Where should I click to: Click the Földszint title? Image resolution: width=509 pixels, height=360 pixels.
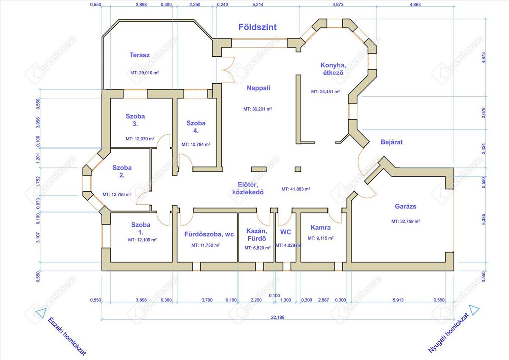pyautogui.click(x=257, y=27)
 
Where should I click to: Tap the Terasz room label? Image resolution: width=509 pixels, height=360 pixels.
pyautogui.click(x=140, y=55)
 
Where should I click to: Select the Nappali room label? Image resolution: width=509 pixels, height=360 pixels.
pyautogui.click(x=258, y=88)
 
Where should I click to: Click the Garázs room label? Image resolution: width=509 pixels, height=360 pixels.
pyautogui.click(x=406, y=206)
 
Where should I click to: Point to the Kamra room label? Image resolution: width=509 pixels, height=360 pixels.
pyautogui.click(x=320, y=227)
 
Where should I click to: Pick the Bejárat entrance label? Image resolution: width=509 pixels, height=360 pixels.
pyautogui.click(x=392, y=142)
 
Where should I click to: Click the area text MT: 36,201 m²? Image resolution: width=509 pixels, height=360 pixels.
pyautogui.click(x=258, y=109)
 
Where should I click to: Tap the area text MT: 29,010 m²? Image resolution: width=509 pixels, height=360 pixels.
pyautogui.click(x=145, y=73)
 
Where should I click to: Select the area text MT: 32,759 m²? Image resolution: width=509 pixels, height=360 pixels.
pyautogui.click(x=406, y=221)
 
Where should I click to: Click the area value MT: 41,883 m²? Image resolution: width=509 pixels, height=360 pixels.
pyautogui.click(x=296, y=189)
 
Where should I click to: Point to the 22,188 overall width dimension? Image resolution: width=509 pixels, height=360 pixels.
pyautogui.click(x=278, y=317)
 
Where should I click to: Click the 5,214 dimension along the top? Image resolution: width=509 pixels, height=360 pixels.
pyautogui.click(x=258, y=4)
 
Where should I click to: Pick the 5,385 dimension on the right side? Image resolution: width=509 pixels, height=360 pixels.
pyautogui.click(x=483, y=219)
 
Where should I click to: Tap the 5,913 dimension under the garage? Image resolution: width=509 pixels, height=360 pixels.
pyautogui.click(x=398, y=300)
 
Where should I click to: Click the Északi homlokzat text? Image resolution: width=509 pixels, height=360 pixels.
pyautogui.click(x=67, y=336)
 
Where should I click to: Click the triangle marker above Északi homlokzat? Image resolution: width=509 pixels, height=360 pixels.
pyautogui.click(x=41, y=313)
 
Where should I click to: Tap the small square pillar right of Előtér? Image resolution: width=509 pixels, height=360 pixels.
pyautogui.click(x=298, y=169)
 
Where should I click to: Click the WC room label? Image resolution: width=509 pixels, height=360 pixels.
pyautogui.click(x=285, y=232)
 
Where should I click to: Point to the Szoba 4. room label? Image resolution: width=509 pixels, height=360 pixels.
pyautogui.click(x=196, y=127)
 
